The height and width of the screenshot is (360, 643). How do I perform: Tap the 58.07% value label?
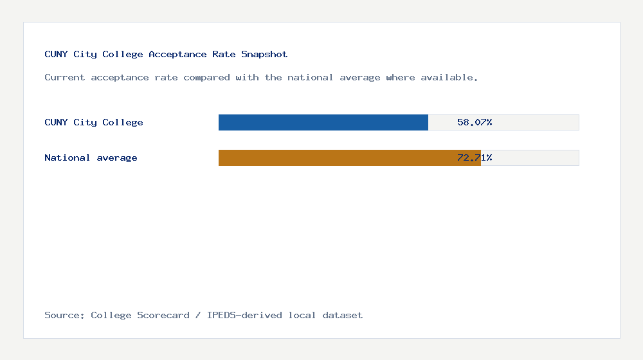[475, 122]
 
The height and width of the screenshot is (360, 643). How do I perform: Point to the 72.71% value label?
[475, 157]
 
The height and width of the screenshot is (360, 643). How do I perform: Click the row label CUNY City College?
[94, 122]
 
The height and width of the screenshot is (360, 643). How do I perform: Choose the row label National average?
[91, 157]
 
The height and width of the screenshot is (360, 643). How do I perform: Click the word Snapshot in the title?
[264, 54]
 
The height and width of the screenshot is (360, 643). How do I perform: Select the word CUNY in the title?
[56, 54]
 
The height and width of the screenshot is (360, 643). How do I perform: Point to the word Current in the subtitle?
[65, 77]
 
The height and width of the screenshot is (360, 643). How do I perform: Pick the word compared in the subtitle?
[206, 77]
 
